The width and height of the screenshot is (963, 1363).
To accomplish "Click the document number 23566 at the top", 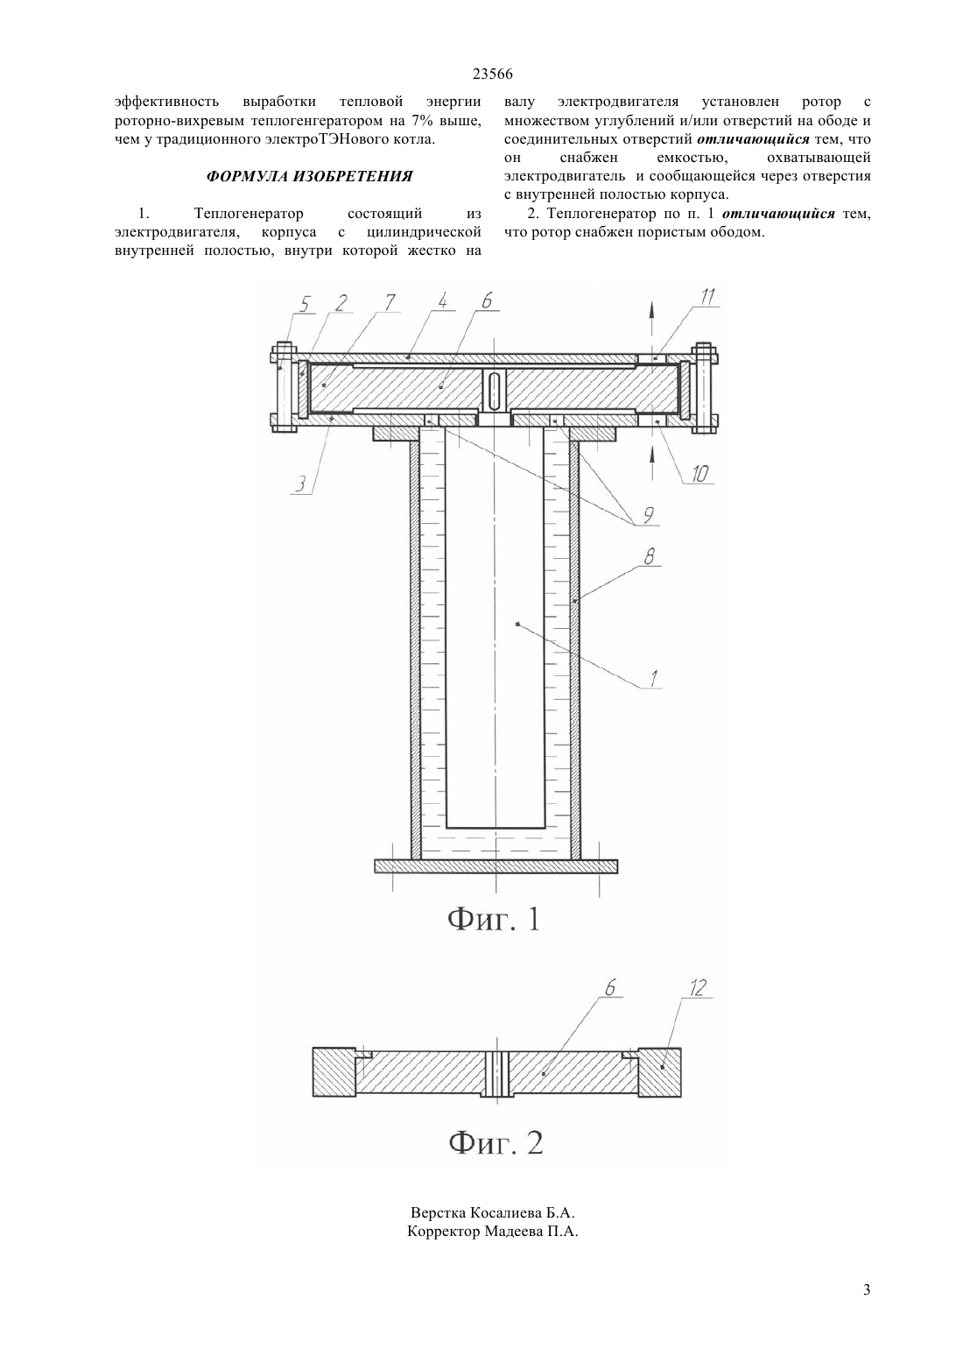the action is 492,74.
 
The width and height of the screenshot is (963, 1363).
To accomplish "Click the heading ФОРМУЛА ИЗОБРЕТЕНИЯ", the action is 309,176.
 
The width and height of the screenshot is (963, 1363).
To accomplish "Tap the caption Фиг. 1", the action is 495,920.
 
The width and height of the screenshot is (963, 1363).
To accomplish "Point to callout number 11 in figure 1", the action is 707,297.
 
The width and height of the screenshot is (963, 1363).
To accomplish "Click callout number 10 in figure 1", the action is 700,473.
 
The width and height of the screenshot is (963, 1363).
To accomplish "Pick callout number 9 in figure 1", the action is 647,516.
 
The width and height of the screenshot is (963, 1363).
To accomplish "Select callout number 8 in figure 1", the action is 649,556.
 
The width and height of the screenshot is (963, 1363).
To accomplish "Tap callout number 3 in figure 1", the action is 300,484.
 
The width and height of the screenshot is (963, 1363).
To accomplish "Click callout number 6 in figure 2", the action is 610,987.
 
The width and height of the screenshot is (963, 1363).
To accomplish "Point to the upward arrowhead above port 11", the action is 650,310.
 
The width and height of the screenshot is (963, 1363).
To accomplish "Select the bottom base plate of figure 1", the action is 496,865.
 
